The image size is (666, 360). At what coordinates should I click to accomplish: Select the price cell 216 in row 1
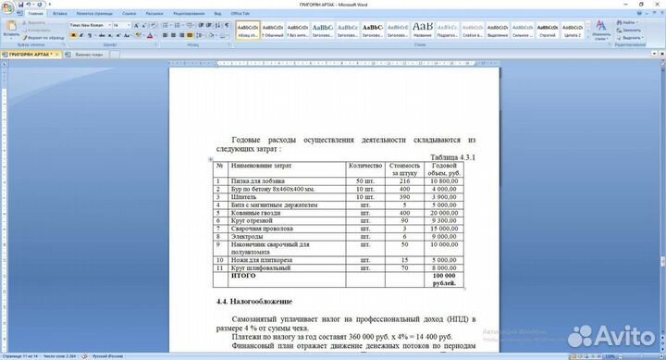(x=404, y=180)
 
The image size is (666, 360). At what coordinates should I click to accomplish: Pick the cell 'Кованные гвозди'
(x=255, y=212)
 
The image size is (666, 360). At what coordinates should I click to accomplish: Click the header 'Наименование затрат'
(x=262, y=165)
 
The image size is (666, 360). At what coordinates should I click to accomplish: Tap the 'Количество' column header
(x=365, y=165)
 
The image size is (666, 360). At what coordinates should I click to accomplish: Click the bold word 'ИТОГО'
(x=243, y=275)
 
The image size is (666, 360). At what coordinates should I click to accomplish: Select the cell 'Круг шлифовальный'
(x=262, y=267)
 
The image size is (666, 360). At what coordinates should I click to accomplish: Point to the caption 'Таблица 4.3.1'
(x=452, y=156)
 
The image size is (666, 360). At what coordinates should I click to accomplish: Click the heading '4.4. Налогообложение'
(x=254, y=302)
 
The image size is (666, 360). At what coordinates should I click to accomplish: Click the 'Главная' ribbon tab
(x=35, y=15)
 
